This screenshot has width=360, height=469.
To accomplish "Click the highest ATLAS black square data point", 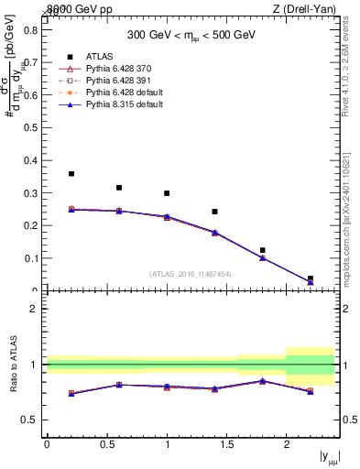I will [71, 173].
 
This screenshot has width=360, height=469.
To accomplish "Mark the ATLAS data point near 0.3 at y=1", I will [167, 193].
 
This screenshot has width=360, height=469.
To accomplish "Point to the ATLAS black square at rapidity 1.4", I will [214, 212].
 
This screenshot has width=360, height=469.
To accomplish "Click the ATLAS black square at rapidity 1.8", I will [262, 250].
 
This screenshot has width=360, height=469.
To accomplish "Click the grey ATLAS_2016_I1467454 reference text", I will [191, 274].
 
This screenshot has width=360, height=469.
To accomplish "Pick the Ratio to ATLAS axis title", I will [12, 365].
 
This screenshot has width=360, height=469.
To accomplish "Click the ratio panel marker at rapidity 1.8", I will [262, 380].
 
